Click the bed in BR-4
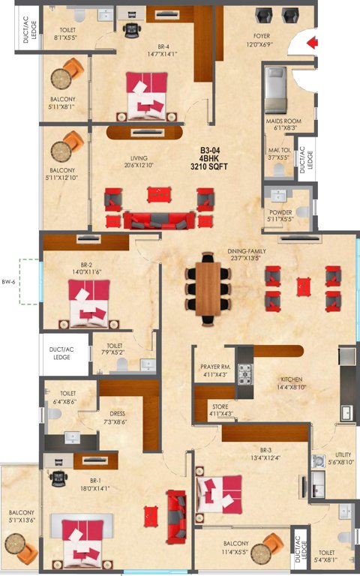pyautogui.click(x=148, y=95)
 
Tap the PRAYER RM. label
pyautogui.click(x=215, y=367)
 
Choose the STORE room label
pyautogui.click(x=220, y=407)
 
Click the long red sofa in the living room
pyautogui.click(x=157, y=220)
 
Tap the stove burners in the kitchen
pyautogui.click(x=244, y=373)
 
